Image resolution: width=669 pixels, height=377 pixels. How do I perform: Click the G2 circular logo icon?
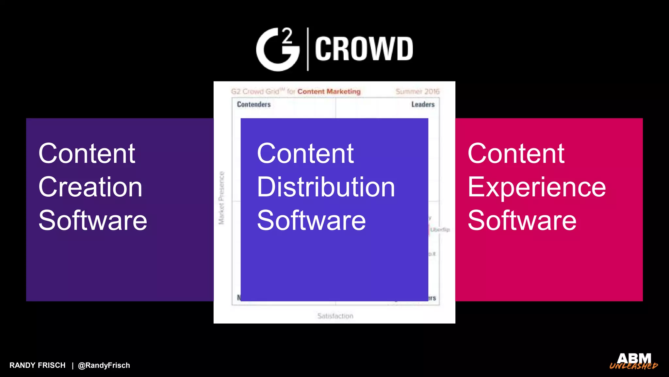pyautogui.click(x=278, y=49)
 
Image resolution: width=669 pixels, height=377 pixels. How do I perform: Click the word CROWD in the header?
pyautogui.click(x=364, y=49)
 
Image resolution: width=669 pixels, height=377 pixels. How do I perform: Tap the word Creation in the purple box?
pyautogui.click(x=90, y=187)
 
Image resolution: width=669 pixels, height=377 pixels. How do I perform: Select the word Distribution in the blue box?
pyautogui.click(x=326, y=187)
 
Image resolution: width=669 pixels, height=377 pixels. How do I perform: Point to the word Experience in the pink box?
pyautogui.click(x=536, y=187)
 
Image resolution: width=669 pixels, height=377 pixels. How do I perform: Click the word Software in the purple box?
pyautogui.click(x=93, y=220)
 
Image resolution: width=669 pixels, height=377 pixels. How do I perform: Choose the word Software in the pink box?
pyautogui.click(x=522, y=220)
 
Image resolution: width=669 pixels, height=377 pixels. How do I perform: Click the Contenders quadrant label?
pyautogui.click(x=254, y=104)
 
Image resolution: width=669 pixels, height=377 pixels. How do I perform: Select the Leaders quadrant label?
pyautogui.click(x=423, y=104)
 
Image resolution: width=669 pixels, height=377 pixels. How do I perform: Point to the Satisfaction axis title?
pyautogui.click(x=335, y=316)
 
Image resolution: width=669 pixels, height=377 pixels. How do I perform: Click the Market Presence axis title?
pyautogui.click(x=221, y=198)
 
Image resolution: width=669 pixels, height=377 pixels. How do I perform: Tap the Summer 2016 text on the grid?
pyautogui.click(x=417, y=92)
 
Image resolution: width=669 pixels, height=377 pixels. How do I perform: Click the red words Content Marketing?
pyautogui.click(x=329, y=92)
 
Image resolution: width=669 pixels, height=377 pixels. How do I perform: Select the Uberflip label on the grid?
pyautogui.click(x=440, y=230)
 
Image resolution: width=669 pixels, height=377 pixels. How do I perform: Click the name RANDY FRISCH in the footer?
pyautogui.click(x=38, y=365)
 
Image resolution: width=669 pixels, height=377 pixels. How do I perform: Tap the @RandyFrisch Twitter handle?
pyautogui.click(x=104, y=365)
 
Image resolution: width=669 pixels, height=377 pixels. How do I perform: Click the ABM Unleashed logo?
pyautogui.click(x=634, y=361)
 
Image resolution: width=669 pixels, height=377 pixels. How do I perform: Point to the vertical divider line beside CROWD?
pyautogui.click(x=308, y=49)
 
